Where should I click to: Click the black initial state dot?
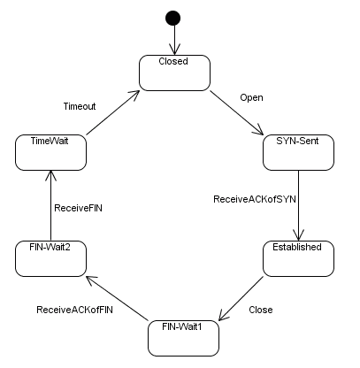[x=173, y=19]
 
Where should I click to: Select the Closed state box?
[x=173, y=72]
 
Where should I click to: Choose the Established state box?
[x=297, y=257]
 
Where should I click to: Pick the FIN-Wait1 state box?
[x=182, y=337]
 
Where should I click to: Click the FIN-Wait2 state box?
[x=50, y=257]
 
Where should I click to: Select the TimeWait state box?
[x=50, y=151]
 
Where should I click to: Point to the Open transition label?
[x=252, y=97]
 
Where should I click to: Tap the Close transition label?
[x=260, y=310]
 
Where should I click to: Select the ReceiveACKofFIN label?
[x=74, y=310]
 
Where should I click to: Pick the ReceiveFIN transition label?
[x=79, y=209]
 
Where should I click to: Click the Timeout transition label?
[x=79, y=105]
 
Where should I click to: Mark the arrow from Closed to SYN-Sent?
[x=237, y=112]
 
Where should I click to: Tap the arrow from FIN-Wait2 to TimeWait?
[x=50, y=204]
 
